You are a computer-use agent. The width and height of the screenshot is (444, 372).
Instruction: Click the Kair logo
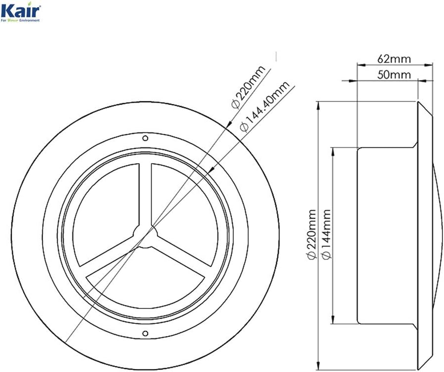tap(21, 10)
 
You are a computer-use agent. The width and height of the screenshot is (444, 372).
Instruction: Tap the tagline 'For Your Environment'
tap(21, 20)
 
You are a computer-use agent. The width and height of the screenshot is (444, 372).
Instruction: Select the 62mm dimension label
tap(394, 59)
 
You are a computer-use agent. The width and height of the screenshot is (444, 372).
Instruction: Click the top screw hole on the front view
tap(145, 138)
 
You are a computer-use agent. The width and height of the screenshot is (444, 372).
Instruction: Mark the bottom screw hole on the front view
tap(145, 333)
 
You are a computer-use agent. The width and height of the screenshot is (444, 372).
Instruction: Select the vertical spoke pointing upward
tap(144, 193)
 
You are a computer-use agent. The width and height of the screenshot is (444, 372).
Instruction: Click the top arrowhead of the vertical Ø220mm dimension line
tap(318, 103)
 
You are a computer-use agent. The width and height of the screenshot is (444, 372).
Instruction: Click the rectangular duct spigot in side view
tap(387, 235)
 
